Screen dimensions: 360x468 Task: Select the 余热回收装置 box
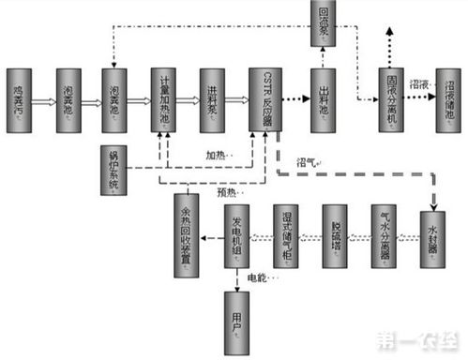click(x=187, y=235)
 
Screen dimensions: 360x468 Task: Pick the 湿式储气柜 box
click(x=287, y=234)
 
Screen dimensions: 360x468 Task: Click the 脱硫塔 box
click(x=337, y=234)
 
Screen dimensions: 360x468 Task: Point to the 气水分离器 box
click(x=386, y=234)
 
